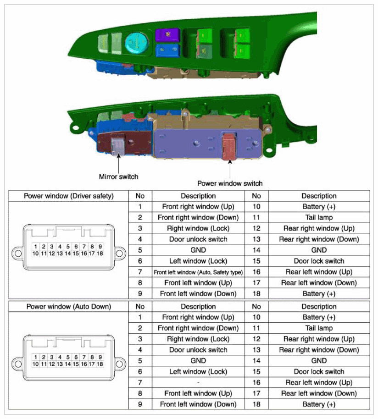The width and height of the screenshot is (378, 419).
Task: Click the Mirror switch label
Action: pos(118,176)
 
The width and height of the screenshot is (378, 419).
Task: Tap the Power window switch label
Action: pos(230,183)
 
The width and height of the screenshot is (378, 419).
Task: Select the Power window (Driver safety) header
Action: pos(68,196)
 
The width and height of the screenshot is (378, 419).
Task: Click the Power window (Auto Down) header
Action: pos(68,306)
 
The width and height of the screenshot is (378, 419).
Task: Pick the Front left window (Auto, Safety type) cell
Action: pos(198,272)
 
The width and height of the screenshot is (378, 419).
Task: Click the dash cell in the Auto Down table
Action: pos(198,382)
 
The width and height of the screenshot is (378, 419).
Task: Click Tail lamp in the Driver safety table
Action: pos(319,217)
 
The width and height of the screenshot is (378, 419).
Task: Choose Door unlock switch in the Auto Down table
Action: pos(198,350)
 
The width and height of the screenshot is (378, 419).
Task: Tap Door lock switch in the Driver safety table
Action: pos(319,261)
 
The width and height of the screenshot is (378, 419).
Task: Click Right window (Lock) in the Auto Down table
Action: pos(198,339)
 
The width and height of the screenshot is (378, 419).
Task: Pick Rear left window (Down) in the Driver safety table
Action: pos(319,283)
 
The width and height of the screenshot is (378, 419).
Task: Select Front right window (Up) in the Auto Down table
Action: pos(198,317)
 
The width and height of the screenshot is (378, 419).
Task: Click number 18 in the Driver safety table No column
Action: pos(256,293)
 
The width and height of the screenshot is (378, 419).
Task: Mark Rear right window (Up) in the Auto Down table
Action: pos(319,339)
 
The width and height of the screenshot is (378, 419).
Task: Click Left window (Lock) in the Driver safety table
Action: pos(198,261)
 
